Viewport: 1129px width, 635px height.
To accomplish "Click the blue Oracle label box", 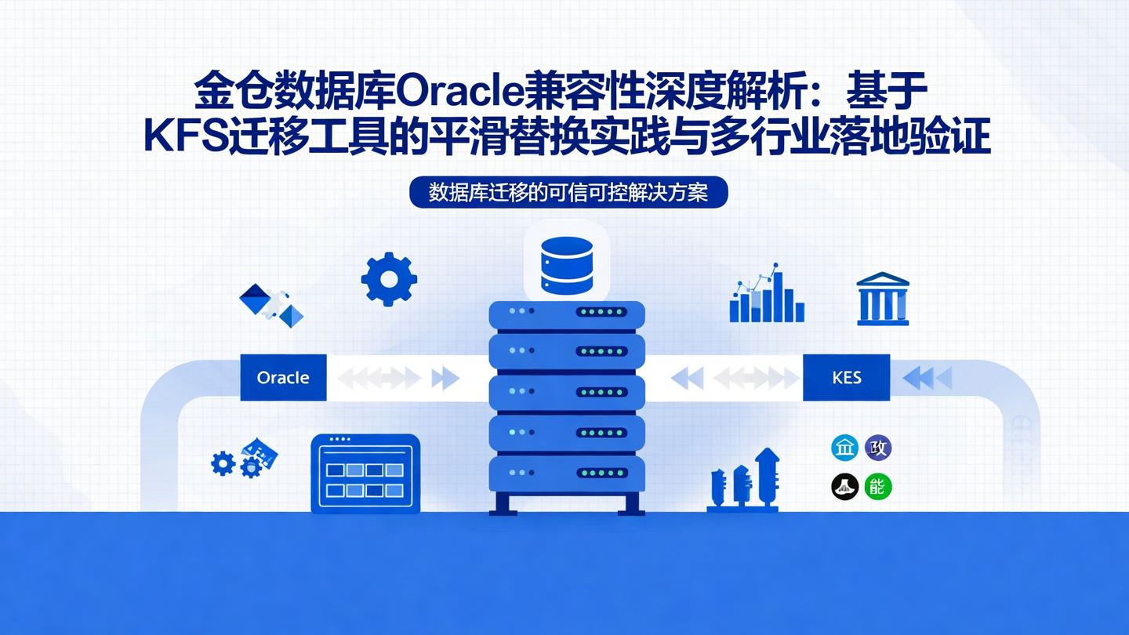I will (x=283, y=377).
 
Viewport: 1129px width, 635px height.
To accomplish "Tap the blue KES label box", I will (x=846, y=377).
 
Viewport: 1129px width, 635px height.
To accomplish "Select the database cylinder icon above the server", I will (x=566, y=265).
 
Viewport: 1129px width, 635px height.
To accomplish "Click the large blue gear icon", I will (x=389, y=279).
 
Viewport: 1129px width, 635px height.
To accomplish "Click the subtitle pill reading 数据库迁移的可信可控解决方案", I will (x=568, y=192).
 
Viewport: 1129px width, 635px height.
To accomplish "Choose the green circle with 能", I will (x=878, y=487).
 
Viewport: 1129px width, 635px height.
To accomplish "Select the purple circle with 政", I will (x=878, y=448).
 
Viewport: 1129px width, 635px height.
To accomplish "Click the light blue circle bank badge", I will (x=844, y=448).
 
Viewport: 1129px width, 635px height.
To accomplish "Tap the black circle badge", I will (x=844, y=487).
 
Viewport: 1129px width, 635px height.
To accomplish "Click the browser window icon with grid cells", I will (x=365, y=473).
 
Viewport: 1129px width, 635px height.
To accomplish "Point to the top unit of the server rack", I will (x=567, y=313).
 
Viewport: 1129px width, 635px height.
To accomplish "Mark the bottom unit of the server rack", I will (x=567, y=474).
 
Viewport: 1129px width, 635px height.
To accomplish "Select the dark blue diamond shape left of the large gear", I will (x=255, y=299).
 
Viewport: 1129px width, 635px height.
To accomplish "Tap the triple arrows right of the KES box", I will (x=928, y=378).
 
